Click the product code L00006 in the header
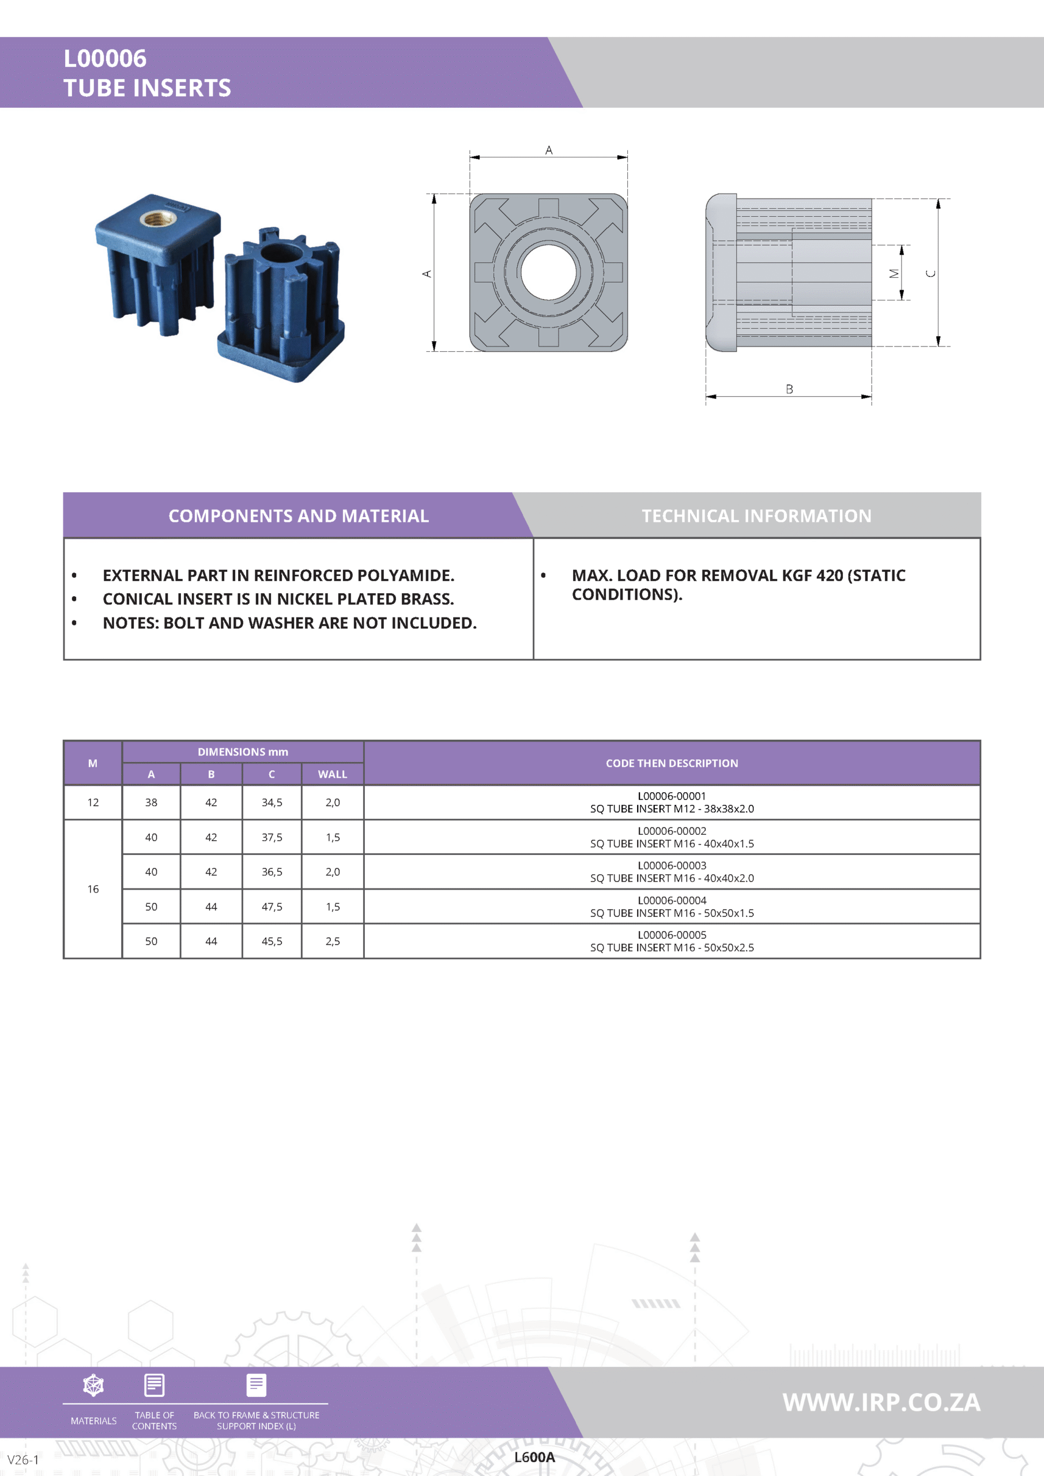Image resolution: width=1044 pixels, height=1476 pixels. click(105, 58)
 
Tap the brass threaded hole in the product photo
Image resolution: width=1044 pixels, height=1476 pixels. click(157, 220)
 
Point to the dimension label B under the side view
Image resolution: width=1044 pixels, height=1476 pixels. click(789, 389)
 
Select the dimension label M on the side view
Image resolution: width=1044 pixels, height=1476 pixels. click(894, 273)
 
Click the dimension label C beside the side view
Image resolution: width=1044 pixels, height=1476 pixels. click(930, 273)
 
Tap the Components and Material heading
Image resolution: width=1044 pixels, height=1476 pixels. click(298, 515)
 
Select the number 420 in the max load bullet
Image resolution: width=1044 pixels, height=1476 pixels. click(830, 575)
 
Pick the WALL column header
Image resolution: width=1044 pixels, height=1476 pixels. click(333, 774)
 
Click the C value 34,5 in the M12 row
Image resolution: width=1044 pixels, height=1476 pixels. click(272, 802)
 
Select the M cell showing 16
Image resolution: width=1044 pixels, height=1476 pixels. click(93, 889)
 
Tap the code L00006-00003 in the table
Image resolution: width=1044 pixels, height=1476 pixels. click(672, 865)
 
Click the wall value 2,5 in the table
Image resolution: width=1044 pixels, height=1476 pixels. click(333, 941)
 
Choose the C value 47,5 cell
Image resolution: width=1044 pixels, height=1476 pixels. click(272, 906)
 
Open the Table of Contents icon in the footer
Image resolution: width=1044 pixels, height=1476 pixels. click(154, 1385)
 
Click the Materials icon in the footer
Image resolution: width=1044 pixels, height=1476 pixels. click(94, 1385)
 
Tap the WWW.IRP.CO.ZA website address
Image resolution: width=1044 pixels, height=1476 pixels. click(881, 1402)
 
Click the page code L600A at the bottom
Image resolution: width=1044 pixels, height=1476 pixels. click(534, 1457)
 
